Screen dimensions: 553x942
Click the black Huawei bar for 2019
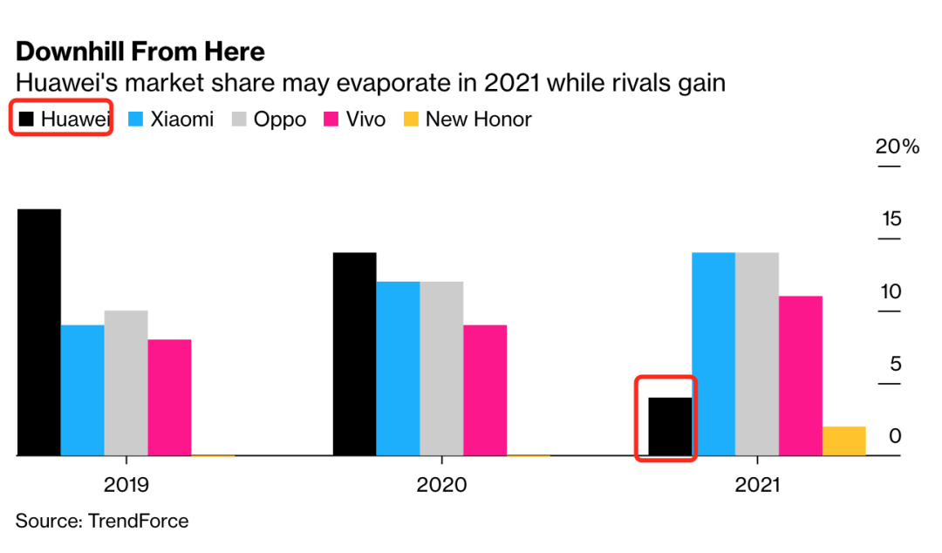pos(39,332)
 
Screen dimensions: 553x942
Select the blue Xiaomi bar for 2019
pos(83,390)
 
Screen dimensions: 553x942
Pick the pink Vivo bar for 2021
pos(801,376)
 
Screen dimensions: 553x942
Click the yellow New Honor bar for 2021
pos(844,440)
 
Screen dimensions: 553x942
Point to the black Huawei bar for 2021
pos(670,427)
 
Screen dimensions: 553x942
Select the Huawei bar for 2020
pos(355,354)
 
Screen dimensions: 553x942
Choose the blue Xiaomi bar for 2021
pos(713,354)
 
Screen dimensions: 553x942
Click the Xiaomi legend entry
pos(171,119)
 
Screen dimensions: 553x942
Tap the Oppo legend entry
pos(269,119)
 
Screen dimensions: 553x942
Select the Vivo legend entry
pos(354,119)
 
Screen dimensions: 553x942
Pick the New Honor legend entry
pos(467,119)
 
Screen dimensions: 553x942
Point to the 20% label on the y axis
pos(898,147)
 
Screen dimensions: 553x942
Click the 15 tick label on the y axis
pos(891,219)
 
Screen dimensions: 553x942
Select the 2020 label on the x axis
pos(441,484)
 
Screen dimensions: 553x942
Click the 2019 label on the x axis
pos(126,484)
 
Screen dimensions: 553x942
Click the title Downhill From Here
pos(140,51)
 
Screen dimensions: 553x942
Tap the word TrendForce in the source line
pos(138,522)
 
